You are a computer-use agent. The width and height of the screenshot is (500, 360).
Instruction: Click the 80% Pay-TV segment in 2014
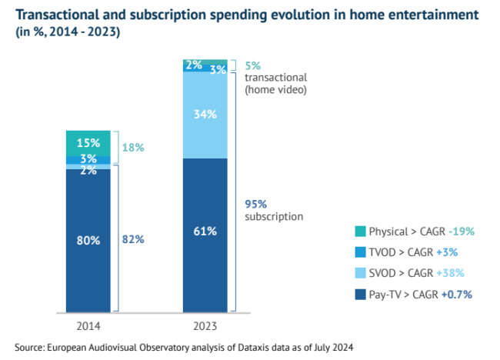(88, 240)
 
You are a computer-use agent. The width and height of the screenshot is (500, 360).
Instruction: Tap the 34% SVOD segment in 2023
(205, 115)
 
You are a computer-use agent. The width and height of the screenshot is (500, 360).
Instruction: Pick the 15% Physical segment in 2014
(88, 142)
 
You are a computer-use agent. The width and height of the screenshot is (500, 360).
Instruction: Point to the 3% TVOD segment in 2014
(88, 159)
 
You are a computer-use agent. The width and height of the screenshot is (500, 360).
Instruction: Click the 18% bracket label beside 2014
(133, 147)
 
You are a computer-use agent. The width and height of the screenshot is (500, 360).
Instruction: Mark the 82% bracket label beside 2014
(133, 240)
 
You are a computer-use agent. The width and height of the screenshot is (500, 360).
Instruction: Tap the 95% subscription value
(255, 204)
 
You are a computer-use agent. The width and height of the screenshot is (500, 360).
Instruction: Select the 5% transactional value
(251, 65)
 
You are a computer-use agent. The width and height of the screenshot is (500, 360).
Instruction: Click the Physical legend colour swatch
(358, 232)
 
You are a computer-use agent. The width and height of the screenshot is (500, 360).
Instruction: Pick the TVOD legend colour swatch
(358, 252)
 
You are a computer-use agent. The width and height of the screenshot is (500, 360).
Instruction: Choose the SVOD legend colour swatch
(358, 273)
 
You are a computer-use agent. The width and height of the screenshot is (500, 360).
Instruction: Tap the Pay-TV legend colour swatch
(358, 294)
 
